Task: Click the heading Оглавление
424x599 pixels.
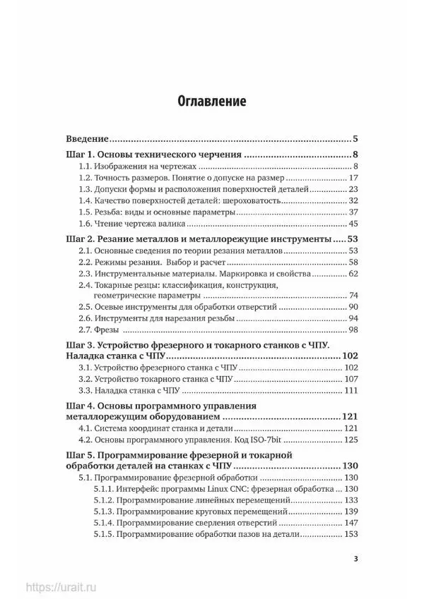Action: click(211, 101)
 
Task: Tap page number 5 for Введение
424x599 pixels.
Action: click(357, 138)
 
